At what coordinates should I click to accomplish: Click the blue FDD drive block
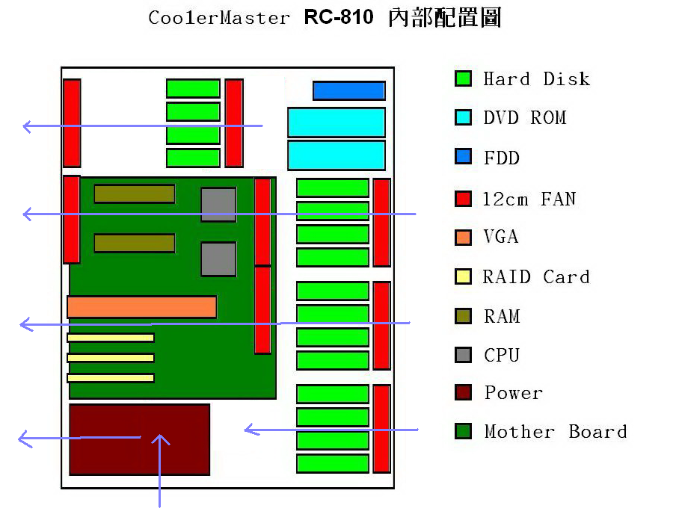[x=349, y=91]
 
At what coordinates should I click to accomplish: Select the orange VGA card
[x=141, y=307]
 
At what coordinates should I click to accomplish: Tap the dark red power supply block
[x=140, y=439]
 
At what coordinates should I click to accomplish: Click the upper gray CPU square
[x=218, y=205]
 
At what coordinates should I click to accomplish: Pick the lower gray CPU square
[x=218, y=259]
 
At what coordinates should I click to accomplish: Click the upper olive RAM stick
[x=135, y=194]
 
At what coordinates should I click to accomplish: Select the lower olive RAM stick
[x=135, y=243]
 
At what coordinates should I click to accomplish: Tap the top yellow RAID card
[x=111, y=338]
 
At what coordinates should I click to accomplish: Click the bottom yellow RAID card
[x=111, y=377]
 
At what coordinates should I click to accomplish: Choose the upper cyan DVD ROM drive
[x=336, y=123]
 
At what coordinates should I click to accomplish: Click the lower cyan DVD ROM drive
[x=336, y=155]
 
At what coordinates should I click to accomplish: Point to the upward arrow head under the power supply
[x=160, y=436]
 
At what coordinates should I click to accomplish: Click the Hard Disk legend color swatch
[x=463, y=78]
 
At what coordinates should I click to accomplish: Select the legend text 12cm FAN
[x=529, y=199]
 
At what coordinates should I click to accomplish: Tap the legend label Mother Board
[x=556, y=432]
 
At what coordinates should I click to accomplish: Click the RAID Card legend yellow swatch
[x=463, y=276]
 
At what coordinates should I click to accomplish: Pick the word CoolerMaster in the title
[x=219, y=18]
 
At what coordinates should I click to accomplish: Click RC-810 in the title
[x=339, y=17]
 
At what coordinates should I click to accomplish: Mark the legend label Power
[x=514, y=393]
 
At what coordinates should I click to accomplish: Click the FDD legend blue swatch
[x=463, y=156]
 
